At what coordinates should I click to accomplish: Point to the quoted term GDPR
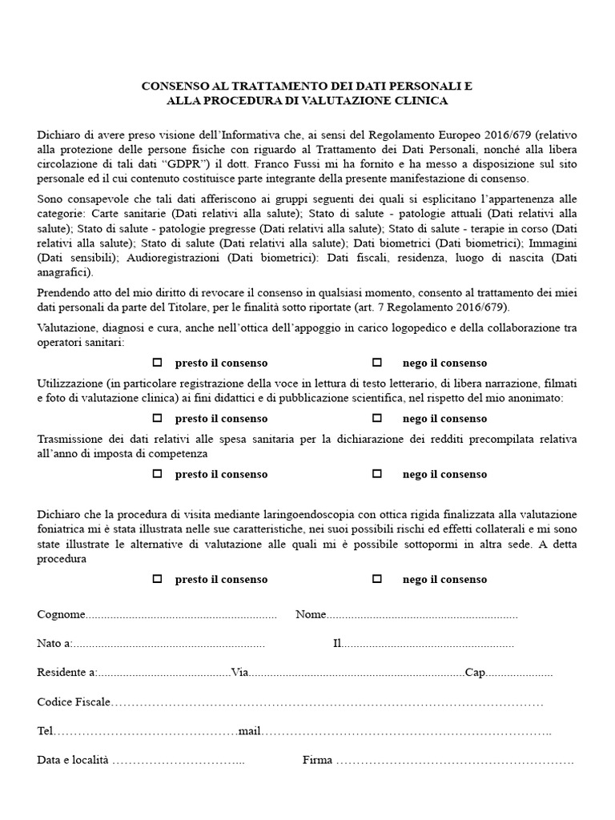[185, 164]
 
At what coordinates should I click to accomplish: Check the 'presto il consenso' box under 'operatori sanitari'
[158, 363]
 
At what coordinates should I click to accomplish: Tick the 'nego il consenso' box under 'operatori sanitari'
[377, 363]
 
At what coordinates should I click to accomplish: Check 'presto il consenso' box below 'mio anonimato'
[158, 418]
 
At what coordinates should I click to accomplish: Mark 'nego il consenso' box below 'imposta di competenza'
[377, 474]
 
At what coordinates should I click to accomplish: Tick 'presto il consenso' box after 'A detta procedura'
[158, 579]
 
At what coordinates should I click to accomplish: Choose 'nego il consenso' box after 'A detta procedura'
[377, 579]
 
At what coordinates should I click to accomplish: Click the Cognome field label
[61, 614]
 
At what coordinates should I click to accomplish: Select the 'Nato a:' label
[54, 643]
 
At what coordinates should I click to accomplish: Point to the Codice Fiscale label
[73, 702]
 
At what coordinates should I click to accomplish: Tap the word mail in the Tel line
[250, 731]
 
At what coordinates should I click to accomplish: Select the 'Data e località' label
[73, 760]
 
